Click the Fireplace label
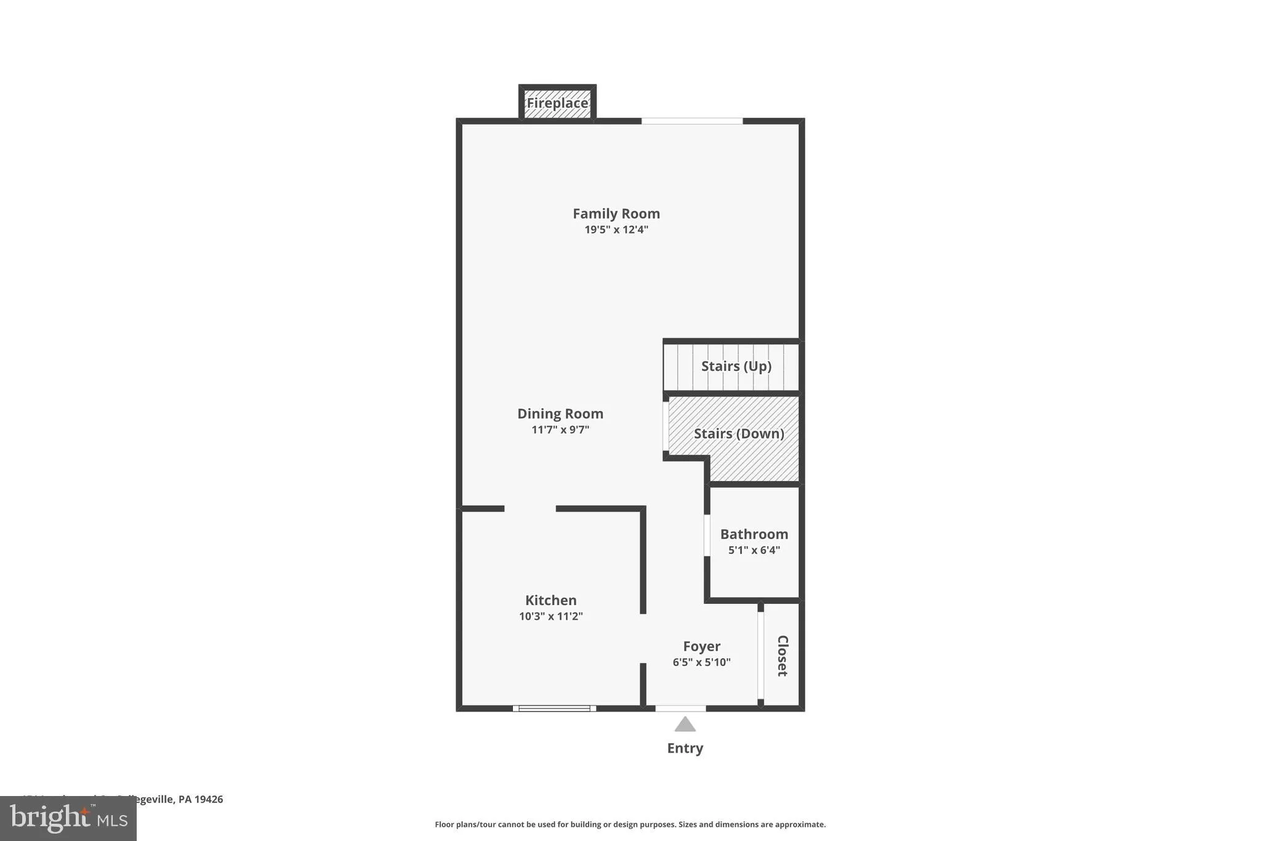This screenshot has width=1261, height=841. click(557, 103)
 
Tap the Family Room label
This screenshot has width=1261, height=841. click(616, 214)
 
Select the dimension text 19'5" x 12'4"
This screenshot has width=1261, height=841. click(616, 230)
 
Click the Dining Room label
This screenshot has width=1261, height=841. click(560, 414)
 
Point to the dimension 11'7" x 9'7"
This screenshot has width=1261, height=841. click(560, 430)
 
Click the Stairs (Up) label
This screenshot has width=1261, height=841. click(736, 367)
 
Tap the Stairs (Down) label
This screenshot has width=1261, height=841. click(739, 434)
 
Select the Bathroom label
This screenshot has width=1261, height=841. click(754, 534)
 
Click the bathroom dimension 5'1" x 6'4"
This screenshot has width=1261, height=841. click(754, 550)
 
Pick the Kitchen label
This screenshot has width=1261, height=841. click(551, 600)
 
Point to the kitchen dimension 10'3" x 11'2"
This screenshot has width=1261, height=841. click(551, 616)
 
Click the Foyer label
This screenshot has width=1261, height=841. click(701, 646)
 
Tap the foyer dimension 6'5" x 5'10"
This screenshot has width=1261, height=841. click(701, 662)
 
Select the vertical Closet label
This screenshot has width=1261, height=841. click(783, 656)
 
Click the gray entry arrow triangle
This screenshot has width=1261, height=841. click(685, 725)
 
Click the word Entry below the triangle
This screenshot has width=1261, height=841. click(685, 748)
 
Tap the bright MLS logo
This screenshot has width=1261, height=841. click(68, 818)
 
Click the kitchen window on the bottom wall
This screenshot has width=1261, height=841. click(554, 709)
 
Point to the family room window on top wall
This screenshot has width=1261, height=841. click(692, 121)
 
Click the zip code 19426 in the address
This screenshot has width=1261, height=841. click(209, 799)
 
